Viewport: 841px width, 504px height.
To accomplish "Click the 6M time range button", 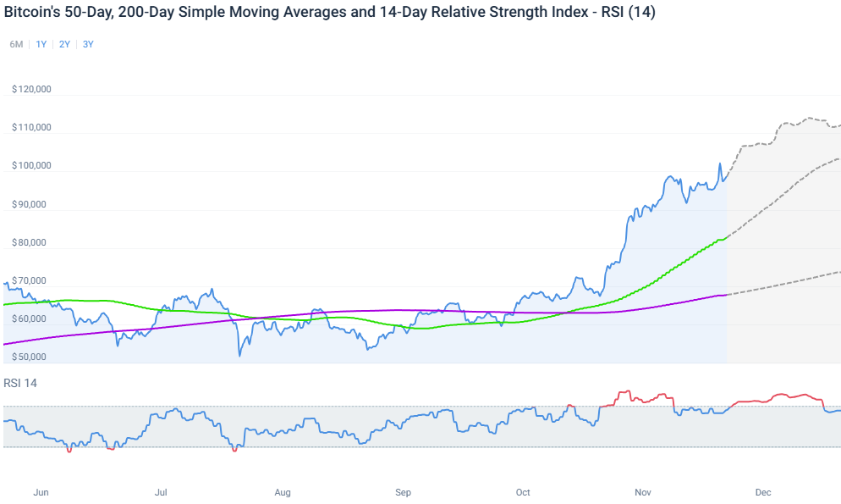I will click(16, 44).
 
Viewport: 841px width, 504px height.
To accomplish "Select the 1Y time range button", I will click(41, 44).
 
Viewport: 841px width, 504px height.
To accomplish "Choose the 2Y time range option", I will click(65, 44).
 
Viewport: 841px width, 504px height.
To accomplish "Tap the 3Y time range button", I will click(89, 44).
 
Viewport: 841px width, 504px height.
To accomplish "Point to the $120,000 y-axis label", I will click(31, 89).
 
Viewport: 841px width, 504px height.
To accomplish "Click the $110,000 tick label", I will click(31, 127).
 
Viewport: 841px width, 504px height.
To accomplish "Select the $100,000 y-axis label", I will click(31, 165).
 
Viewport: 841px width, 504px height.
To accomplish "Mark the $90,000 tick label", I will click(31, 204).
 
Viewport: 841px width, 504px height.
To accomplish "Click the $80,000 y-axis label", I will click(31, 242).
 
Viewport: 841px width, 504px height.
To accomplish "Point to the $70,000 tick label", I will click(31, 280).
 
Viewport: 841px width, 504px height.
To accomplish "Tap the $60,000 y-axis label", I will click(31, 318).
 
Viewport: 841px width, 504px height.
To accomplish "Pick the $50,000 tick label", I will click(31, 357).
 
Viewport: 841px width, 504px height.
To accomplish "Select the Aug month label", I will click(283, 492).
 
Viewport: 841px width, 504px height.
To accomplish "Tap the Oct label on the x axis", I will click(523, 492).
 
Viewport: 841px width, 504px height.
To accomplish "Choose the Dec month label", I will click(763, 492).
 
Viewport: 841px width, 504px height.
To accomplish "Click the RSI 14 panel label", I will click(20, 383).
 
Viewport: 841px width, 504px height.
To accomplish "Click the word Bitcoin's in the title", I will click(33, 13).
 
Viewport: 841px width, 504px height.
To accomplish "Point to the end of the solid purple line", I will click(727, 294).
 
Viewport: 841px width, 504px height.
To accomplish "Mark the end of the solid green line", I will click(727, 238).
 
